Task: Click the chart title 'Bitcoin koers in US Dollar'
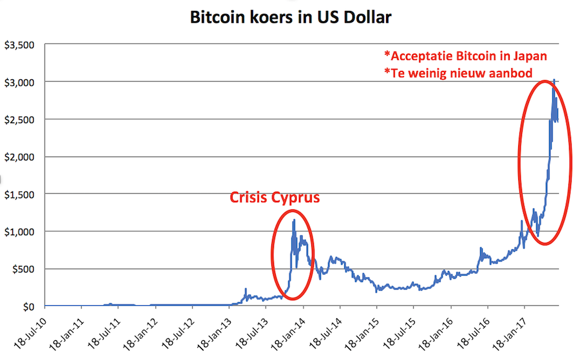tap(290, 17)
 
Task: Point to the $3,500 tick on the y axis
tap(21, 46)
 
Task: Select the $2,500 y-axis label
tap(21, 120)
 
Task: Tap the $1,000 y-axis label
tap(21, 231)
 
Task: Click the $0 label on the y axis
tap(28, 306)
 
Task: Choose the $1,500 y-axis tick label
tap(21, 194)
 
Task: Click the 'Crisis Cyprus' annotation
tap(275, 197)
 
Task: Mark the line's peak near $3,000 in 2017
tap(554, 81)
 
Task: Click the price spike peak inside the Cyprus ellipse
tap(295, 220)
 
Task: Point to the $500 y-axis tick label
tap(24, 269)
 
